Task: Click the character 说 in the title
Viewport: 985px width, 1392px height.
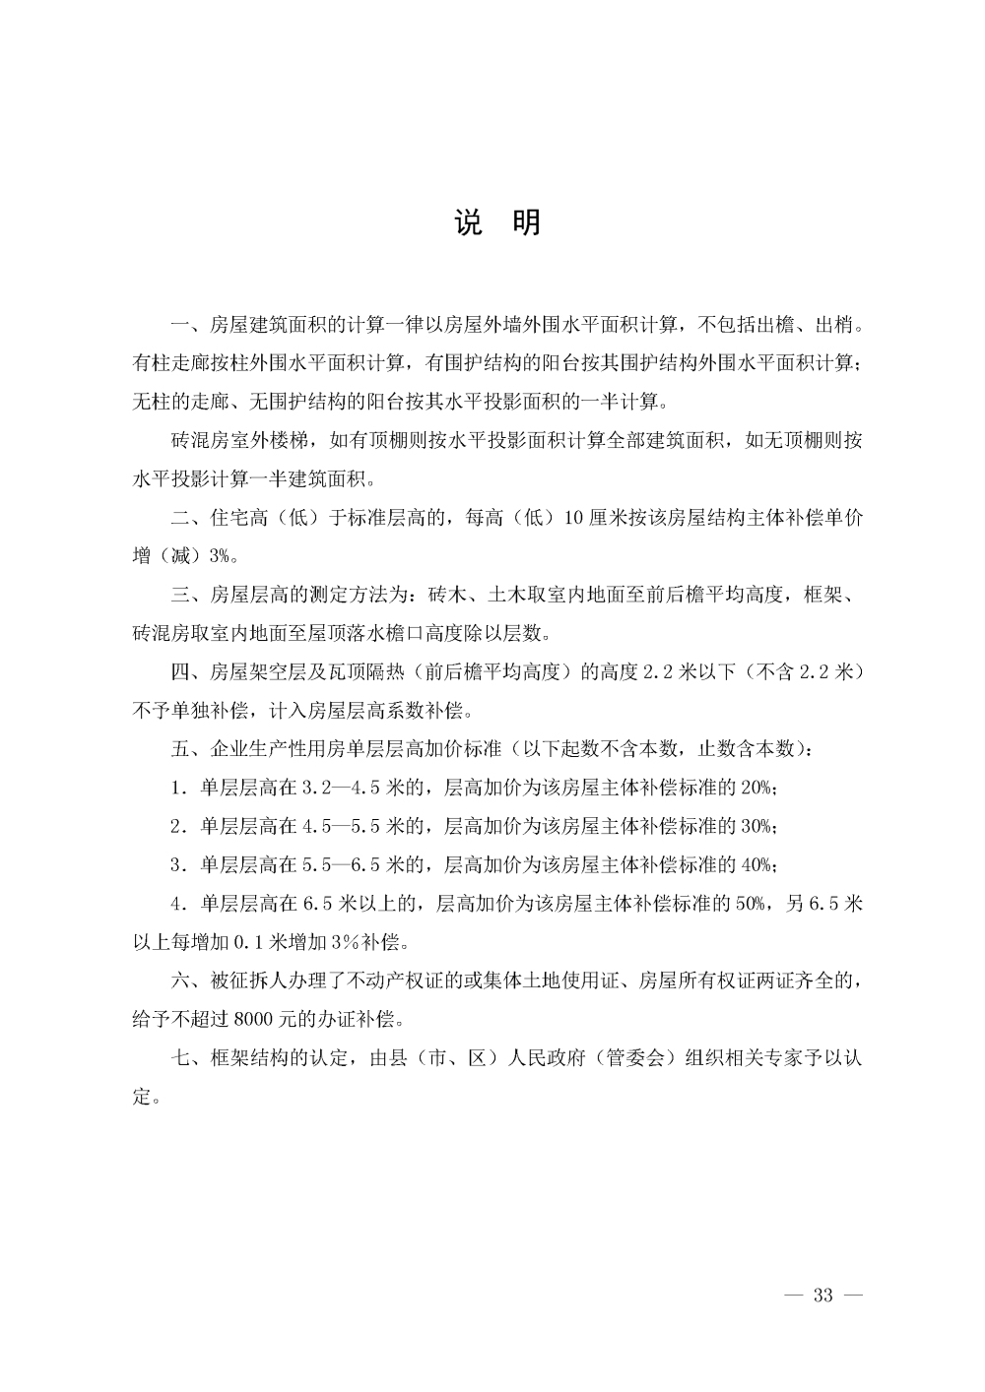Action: (469, 222)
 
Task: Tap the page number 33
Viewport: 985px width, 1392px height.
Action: (823, 1295)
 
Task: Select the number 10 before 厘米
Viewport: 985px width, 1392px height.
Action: (574, 518)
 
